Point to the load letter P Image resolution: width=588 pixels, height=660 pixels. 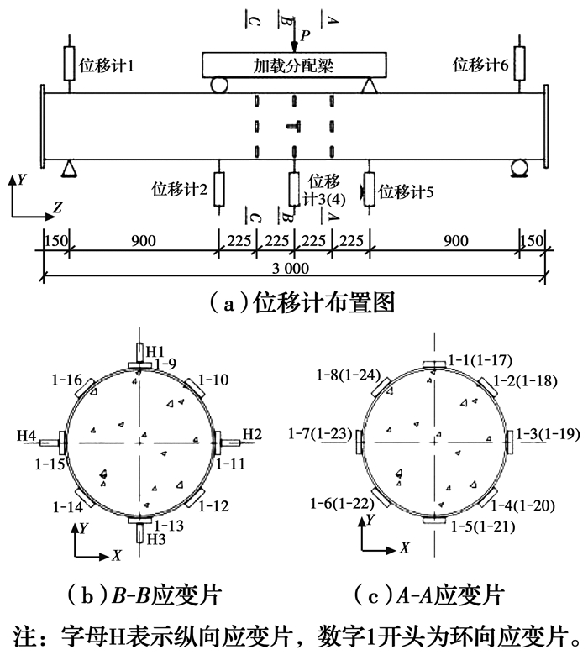(305, 35)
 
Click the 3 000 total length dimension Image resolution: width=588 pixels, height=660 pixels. (291, 269)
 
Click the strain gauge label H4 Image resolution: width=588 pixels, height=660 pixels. (28, 435)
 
